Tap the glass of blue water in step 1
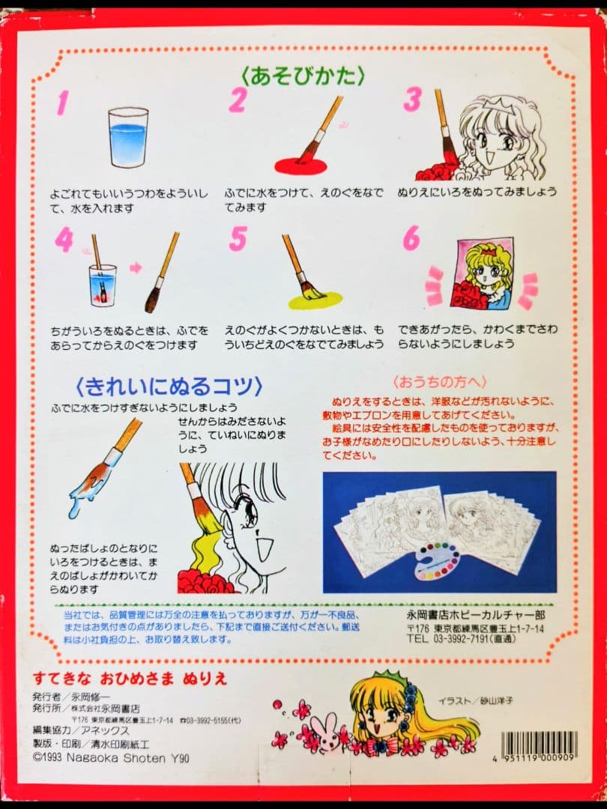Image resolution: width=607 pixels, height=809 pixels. click(x=128, y=138)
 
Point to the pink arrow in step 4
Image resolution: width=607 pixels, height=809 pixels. click(x=136, y=267)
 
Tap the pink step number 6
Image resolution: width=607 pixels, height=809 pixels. click(x=411, y=238)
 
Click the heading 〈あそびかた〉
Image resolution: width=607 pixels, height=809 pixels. click(x=303, y=75)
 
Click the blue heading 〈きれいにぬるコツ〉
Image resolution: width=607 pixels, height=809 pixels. click(x=169, y=387)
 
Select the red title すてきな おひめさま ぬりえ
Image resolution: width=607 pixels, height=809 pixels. click(x=130, y=679)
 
